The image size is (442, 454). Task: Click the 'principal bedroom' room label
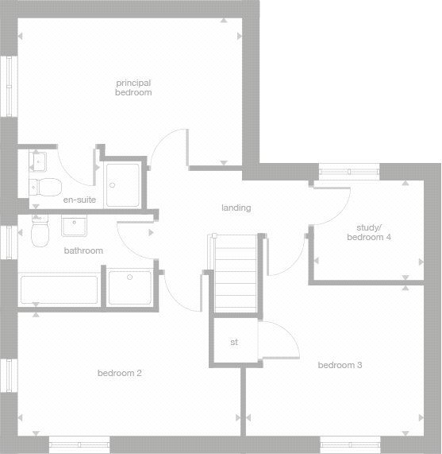[133, 87]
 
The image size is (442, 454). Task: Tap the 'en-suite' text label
[79, 200]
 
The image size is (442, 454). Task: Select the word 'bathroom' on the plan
[83, 250]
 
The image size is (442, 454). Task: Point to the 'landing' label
[236, 208]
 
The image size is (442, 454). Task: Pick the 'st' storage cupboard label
[234, 343]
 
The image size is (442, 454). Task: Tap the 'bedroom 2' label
[119, 373]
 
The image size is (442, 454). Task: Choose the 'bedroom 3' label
[340, 366]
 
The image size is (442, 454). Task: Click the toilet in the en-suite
[46, 186]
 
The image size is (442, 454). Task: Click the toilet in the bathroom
[38, 234]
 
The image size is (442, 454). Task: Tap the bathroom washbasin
[75, 227]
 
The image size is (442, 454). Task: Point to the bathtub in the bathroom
[58, 290]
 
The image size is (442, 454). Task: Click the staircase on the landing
[236, 274]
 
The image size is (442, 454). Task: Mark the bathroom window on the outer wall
[10, 242]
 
